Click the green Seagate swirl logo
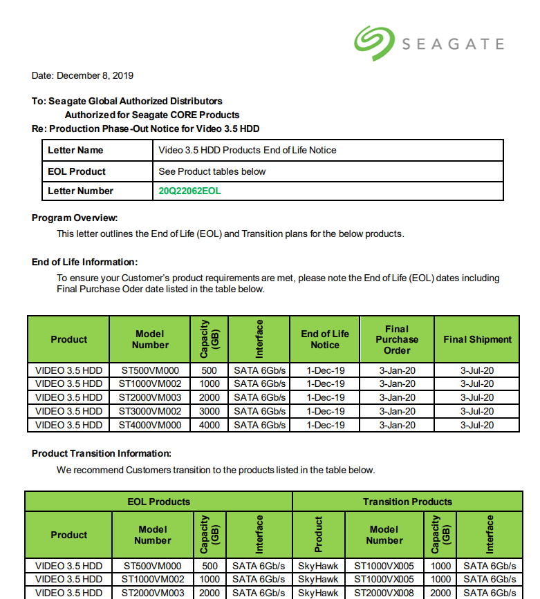374,43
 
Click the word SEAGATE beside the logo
453,45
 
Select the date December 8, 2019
82,75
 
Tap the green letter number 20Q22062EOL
190,191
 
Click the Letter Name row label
75,150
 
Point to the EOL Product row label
77,171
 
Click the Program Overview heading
75,218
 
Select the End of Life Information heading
85,262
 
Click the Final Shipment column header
477,339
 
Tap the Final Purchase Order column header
397,339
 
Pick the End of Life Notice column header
325,339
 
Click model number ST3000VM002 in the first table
149,411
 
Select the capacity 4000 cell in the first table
209,425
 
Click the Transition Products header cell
407,502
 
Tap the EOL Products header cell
158,502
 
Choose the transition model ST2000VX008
384,593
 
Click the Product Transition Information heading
102,453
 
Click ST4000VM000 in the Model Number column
149,425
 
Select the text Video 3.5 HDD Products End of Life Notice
248,150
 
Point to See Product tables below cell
212,171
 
